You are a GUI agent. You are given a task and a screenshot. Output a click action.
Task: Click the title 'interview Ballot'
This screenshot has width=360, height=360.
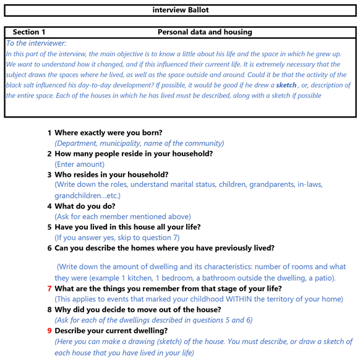click(180, 10)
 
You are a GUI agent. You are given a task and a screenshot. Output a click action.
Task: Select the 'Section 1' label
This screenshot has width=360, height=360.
click(29, 32)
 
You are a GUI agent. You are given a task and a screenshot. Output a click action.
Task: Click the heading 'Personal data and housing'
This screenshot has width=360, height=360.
click(205, 32)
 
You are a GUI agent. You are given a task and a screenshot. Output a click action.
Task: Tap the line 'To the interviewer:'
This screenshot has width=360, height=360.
click(36, 43)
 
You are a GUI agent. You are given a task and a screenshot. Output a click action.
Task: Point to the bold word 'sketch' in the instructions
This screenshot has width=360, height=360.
click(286, 85)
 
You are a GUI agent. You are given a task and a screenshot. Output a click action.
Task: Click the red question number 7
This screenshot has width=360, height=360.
click(49, 289)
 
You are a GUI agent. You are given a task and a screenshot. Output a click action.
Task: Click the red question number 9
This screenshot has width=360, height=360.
click(49, 331)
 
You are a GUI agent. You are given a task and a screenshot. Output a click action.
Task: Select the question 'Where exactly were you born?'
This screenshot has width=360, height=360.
click(108, 132)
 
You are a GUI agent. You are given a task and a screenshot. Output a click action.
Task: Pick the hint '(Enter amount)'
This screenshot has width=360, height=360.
click(80, 165)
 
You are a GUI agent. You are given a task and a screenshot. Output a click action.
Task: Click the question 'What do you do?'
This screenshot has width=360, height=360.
click(85, 206)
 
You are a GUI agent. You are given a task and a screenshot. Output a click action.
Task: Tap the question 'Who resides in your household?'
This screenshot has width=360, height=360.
click(111, 174)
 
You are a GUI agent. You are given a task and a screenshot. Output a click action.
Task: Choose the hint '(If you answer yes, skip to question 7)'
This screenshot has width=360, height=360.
click(118, 238)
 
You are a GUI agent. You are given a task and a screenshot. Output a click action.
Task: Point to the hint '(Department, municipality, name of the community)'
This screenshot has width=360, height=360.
click(139, 143)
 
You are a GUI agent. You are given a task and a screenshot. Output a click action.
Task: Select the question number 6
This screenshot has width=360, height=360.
click(49, 248)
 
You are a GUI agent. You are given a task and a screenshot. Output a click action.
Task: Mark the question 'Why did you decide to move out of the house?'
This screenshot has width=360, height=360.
click(138, 310)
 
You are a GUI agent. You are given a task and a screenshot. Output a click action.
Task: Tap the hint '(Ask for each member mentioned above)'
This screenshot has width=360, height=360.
click(122, 216)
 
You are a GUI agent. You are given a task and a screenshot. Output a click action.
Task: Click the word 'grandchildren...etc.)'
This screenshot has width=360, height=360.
click(88, 195)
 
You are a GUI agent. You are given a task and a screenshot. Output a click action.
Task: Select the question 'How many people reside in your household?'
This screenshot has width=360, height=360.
click(134, 153)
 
